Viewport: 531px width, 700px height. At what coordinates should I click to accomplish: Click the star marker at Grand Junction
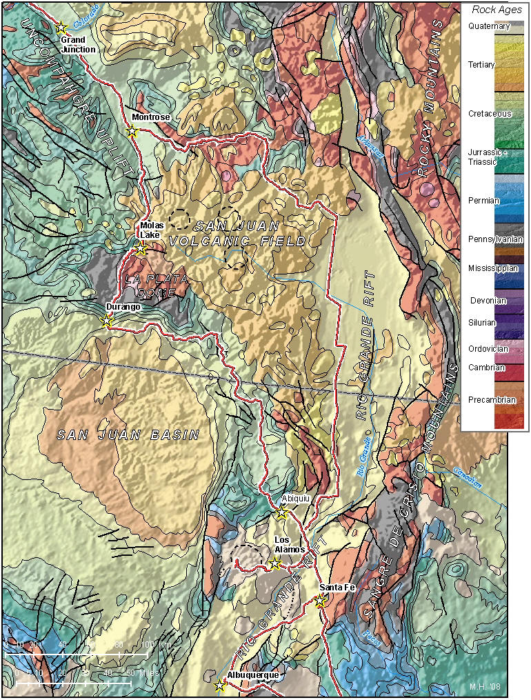click(61, 28)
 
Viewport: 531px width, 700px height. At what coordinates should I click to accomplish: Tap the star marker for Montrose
click(132, 130)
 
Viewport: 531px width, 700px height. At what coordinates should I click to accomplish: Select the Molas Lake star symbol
click(141, 249)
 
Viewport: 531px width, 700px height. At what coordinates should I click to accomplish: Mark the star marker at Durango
click(106, 321)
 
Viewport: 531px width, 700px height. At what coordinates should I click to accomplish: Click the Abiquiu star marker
click(281, 512)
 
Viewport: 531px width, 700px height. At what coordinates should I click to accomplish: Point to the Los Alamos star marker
click(274, 563)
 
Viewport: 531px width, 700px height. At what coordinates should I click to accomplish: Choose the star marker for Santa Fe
click(320, 601)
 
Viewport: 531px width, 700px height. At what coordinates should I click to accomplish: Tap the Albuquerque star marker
click(219, 685)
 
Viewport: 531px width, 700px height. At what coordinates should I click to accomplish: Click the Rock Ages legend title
click(497, 10)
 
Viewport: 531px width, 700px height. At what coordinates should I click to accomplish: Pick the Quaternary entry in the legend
click(488, 26)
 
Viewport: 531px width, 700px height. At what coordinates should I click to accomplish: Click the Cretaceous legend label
click(490, 113)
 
